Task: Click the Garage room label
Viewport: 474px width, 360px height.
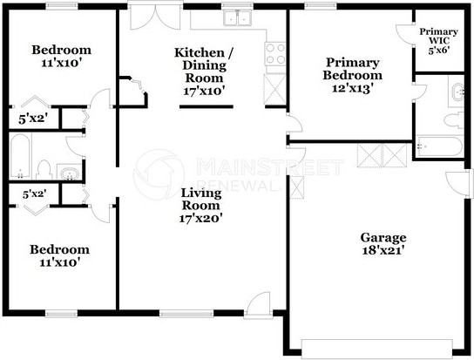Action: coord(383,244)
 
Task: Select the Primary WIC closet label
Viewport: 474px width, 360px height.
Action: coord(438,41)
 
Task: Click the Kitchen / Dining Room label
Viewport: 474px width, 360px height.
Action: coord(204,71)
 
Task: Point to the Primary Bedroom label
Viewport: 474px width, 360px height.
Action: coord(353,75)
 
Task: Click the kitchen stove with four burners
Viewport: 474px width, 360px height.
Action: coord(275,54)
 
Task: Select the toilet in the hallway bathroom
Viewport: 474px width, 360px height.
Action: coord(44,170)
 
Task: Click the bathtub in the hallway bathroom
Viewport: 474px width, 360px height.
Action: coord(20,156)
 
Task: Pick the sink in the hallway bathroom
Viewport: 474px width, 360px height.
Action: coord(69,172)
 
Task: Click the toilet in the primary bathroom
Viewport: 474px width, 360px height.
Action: coord(454,120)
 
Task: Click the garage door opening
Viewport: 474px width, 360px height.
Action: coord(377,349)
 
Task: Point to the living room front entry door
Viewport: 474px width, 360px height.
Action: coord(258,304)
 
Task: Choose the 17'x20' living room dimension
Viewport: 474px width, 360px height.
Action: coord(201,218)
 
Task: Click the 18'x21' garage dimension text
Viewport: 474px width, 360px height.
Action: coord(383,250)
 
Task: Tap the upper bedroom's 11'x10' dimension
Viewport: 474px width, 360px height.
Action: coord(61,63)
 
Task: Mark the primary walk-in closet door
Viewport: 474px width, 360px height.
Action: coord(405,34)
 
